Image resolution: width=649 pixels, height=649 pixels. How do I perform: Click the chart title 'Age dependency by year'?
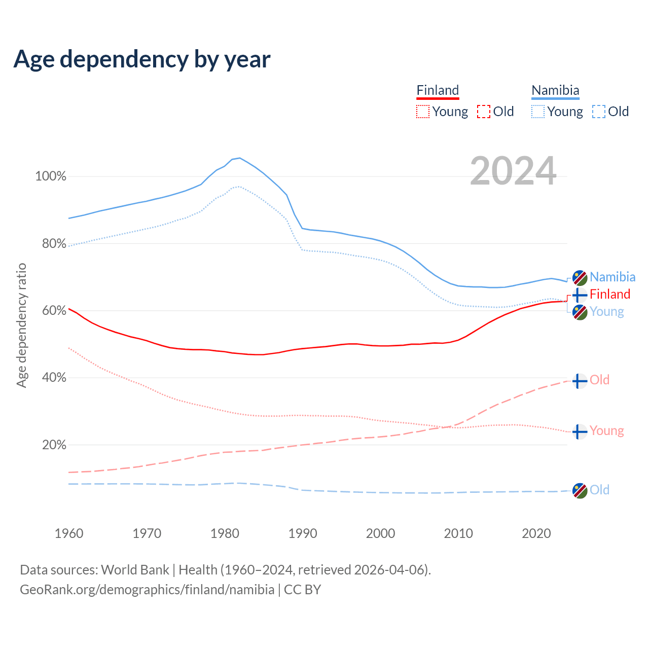point(142,59)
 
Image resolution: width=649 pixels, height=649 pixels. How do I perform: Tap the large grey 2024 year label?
point(513,171)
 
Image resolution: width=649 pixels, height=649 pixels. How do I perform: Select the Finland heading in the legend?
point(438,90)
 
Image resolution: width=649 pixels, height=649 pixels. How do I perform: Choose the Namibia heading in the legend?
point(555,90)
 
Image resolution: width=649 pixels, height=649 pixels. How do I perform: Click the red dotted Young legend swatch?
point(422,112)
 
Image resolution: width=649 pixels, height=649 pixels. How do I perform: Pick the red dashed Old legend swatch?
point(484,112)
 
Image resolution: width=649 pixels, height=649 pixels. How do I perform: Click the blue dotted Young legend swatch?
point(538,112)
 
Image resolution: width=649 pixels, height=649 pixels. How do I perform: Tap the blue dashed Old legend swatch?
point(599,112)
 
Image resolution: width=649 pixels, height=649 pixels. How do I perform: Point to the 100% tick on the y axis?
point(51,176)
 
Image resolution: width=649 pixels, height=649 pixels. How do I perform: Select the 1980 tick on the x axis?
point(225,533)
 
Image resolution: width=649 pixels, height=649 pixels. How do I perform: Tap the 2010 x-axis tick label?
point(458,533)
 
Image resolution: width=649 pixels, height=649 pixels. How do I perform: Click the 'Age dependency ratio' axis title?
point(21,325)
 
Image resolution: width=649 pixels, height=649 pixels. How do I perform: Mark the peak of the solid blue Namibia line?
point(239,158)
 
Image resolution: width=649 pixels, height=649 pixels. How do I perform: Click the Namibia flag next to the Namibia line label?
point(580,277)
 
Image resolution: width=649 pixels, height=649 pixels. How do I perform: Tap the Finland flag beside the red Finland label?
point(580,295)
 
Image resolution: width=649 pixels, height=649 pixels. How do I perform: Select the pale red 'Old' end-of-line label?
point(599,380)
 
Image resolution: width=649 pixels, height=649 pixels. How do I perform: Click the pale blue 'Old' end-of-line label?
point(599,490)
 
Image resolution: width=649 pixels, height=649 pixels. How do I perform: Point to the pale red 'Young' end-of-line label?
point(606,431)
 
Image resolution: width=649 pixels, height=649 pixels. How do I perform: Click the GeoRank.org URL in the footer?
point(147,590)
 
